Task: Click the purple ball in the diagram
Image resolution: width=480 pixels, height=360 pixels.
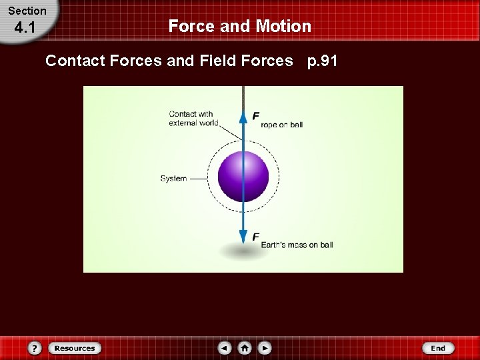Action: pyautogui.click(x=243, y=177)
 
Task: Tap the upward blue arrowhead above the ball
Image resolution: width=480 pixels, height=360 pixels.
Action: pyautogui.click(x=243, y=117)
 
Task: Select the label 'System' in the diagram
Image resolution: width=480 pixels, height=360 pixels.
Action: pyautogui.click(x=173, y=179)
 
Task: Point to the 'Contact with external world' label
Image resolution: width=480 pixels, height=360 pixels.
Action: pyautogui.click(x=191, y=118)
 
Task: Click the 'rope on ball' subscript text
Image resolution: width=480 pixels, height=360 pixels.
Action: pyautogui.click(x=282, y=125)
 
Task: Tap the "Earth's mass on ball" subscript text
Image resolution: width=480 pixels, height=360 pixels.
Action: pyautogui.click(x=297, y=245)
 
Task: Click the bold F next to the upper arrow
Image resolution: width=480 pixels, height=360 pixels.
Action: pyautogui.click(x=256, y=116)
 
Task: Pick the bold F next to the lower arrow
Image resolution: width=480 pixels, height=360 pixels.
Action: pyautogui.click(x=256, y=237)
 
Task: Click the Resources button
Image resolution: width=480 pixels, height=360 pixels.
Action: pyautogui.click(x=74, y=348)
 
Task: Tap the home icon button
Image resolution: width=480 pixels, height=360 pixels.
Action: pyautogui.click(x=245, y=348)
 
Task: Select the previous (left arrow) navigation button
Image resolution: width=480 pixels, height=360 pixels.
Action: pyautogui.click(x=225, y=348)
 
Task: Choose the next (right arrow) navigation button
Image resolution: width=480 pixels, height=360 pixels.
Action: pyautogui.click(x=265, y=348)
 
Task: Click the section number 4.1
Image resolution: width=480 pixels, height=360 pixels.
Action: pyautogui.click(x=25, y=29)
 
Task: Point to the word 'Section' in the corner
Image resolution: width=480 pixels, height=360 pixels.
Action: pyautogui.click(x=27, y=11)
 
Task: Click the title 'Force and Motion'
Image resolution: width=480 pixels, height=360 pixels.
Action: pyautogui.click(x=239, y=26)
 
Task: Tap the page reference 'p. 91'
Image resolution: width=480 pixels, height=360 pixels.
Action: pyautogui.click(x=322, y=61)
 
